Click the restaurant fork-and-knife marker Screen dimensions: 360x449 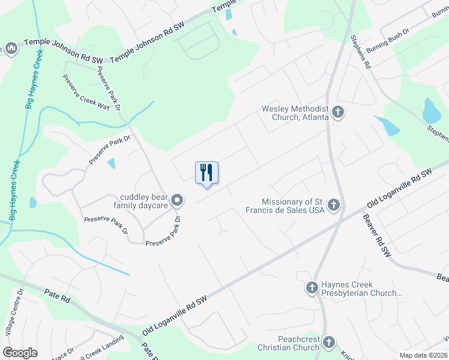click(x=206, y=173)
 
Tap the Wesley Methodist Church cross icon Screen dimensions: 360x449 click(x=338, y=112)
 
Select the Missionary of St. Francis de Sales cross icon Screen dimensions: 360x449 click(x=334, y=206)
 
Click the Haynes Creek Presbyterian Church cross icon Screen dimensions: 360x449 click(x=312, y=288)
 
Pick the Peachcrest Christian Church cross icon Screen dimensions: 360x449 click(x=328, y=343)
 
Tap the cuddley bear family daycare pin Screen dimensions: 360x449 click(x=176, y=200)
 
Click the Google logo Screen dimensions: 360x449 click(x=20, y=353)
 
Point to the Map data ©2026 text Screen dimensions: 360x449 click(x=424, y=355)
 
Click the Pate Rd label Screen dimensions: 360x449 click(x=58, y=294)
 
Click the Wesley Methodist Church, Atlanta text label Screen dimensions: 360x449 click(x=295, y=113)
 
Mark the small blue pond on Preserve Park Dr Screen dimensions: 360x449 click(x=112, y=163)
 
